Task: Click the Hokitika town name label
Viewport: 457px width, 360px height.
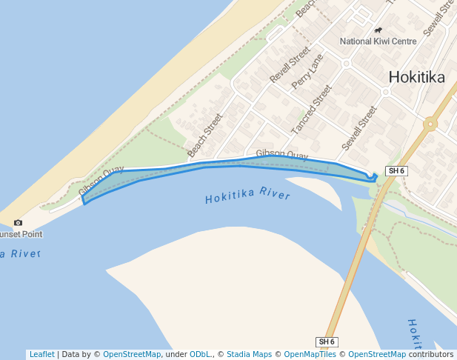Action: (416, 77)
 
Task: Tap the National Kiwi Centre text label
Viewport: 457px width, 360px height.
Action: (378, 41)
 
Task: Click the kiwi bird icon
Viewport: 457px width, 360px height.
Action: (378, 30)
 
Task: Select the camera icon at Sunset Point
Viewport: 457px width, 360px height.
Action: (18, 222)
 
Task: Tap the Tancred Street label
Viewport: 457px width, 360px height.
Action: (312, 109)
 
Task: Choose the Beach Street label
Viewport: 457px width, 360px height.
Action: (204, 135)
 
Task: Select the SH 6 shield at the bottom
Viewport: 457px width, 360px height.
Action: (327, 341)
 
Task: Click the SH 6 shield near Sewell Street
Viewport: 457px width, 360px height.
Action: (396, 171)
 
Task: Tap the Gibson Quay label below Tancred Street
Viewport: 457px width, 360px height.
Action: (281, 155)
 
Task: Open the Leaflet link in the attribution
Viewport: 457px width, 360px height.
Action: (41, 354)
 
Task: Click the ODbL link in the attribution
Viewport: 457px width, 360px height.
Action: (200, 354)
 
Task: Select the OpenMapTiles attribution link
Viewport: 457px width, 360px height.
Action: (310, 354)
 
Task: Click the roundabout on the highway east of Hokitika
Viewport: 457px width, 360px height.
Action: (430, 124)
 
